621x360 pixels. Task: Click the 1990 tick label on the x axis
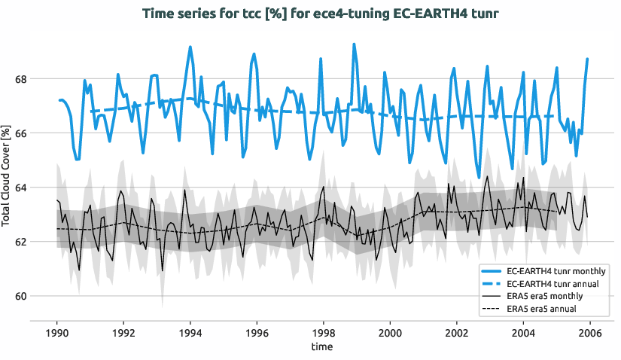pyautogui.click(x=57, y=332)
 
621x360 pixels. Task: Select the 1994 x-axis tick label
pyautogui.click(x=190, y=332)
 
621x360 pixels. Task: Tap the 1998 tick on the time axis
pyautogui.click(x=324, y=332)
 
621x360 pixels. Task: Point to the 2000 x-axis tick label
pyautogui.click(x=390, y=332)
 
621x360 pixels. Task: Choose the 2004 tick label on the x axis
pyautogui.click(x=523, y=332)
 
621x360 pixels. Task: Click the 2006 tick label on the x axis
pyautogui.click(x=590, y=332)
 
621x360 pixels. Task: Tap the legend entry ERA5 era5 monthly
pyautogui.click(x=546, y=296)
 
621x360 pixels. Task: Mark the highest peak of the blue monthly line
pyautogui.click(x=354, y=44)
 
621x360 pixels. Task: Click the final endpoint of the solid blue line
pyautogui.click(x=587, y=59)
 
